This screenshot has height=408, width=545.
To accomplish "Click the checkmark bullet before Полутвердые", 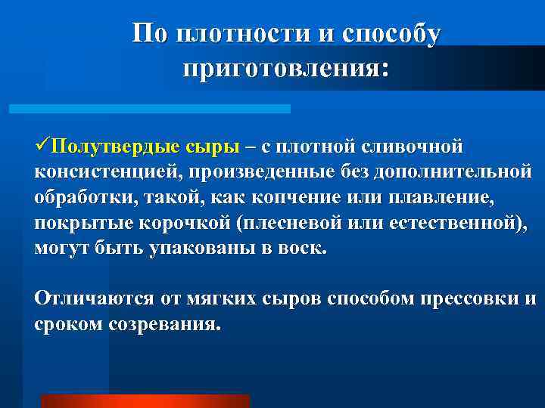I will click(43, 144).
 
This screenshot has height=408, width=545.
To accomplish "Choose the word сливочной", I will click(403, 145).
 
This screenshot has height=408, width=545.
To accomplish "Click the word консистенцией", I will click(104, 172).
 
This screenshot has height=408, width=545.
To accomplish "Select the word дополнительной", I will click(451, 172).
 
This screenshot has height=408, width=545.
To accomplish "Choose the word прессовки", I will click(467, 298).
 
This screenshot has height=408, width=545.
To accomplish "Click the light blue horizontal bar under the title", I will click(149, 109).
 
